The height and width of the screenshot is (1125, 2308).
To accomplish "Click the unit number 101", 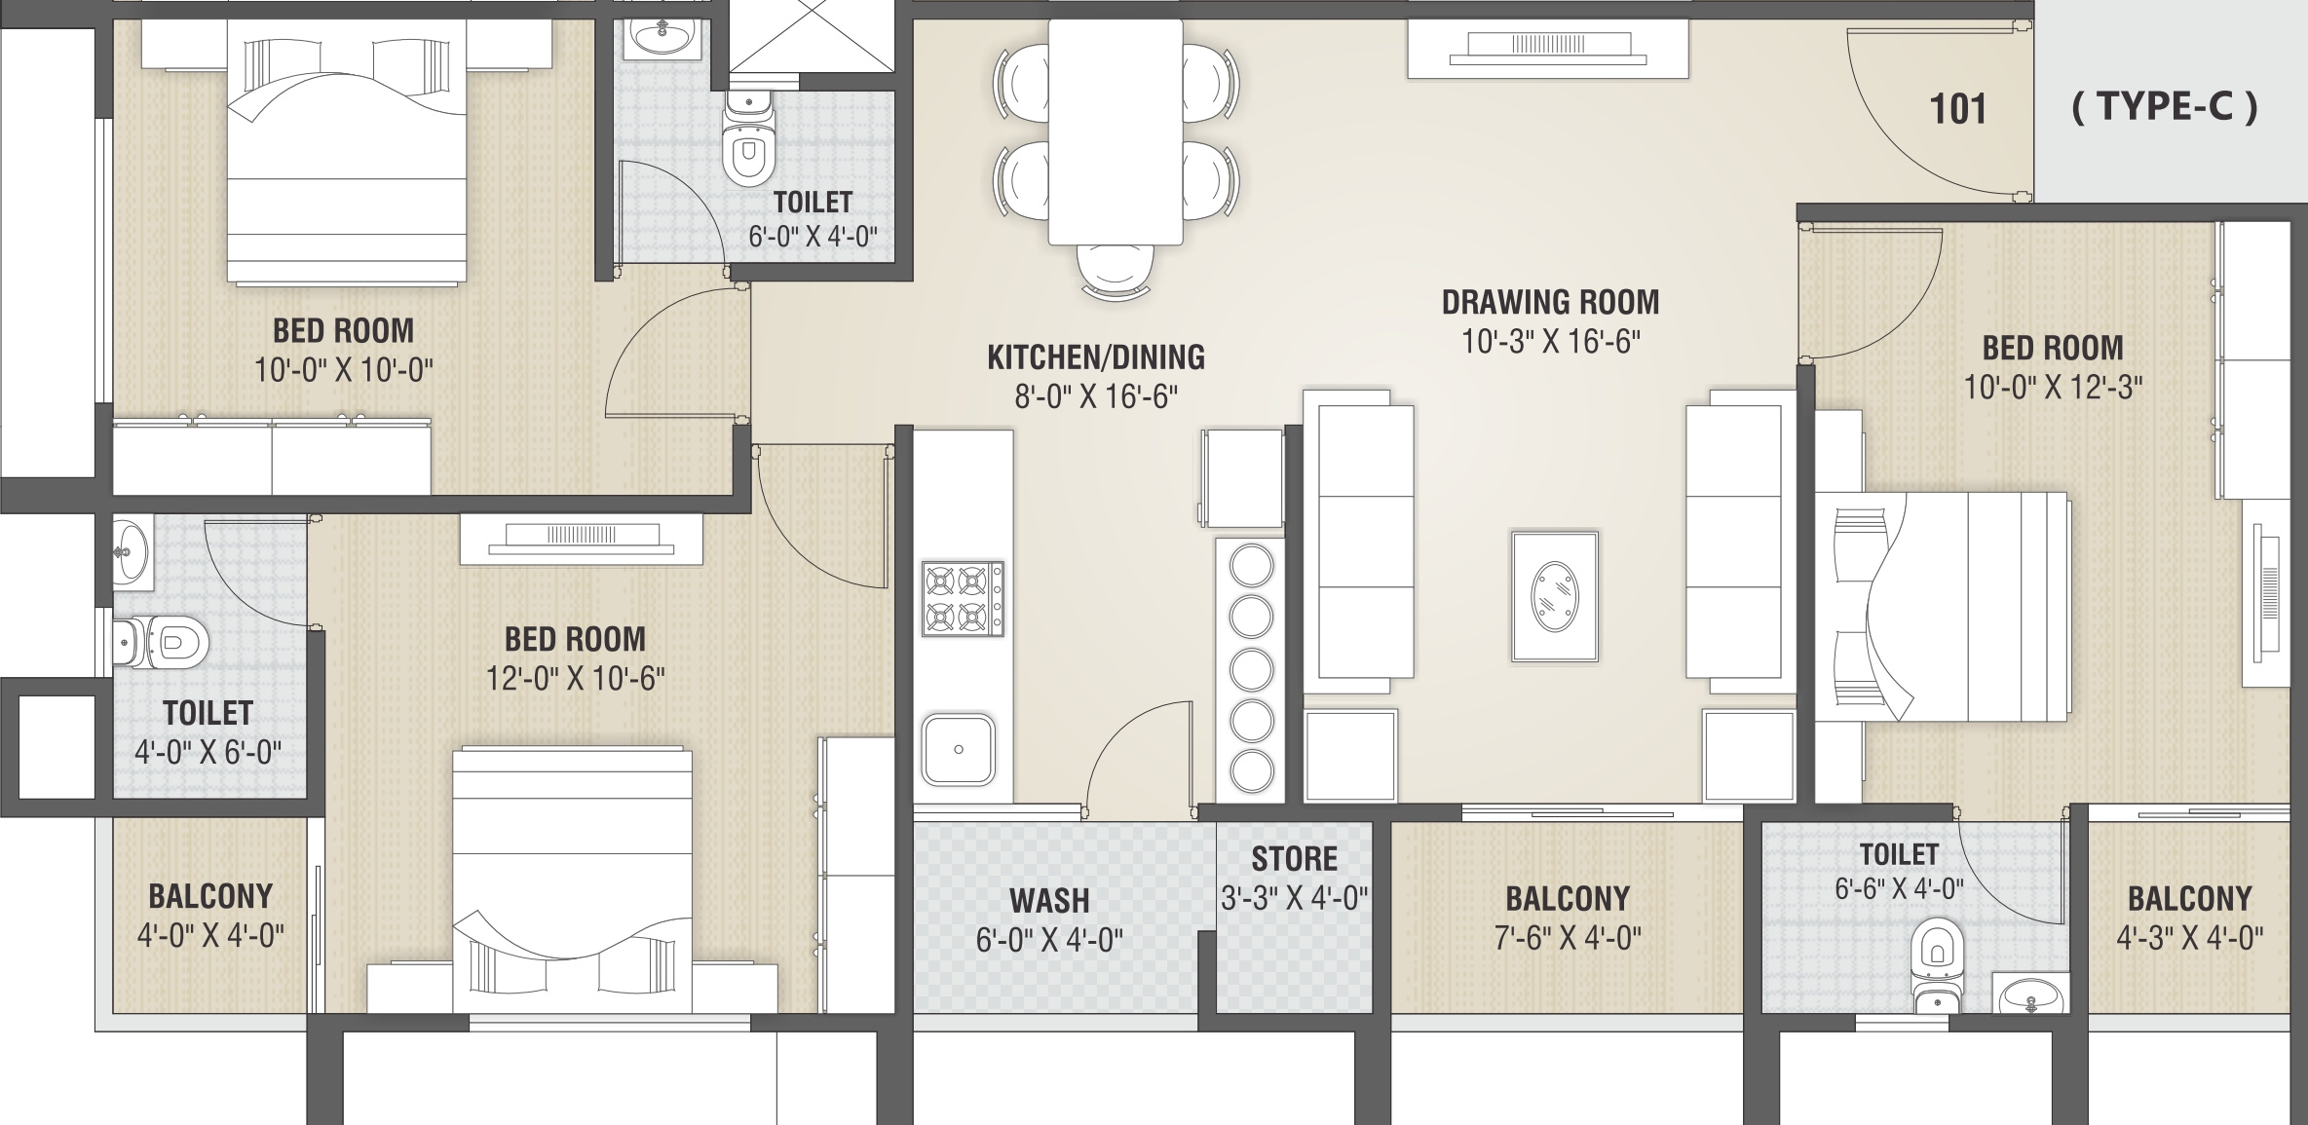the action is pyautogui.click(x=1957, y=109).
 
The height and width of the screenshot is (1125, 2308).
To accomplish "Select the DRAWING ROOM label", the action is pyautogui.click(x=1550, y=302).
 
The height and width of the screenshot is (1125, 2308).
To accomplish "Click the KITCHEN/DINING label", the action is pyautogui.click(x=1096, y=357).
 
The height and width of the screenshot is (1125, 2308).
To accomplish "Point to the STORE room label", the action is pyautogui.click(x=1295, y=858).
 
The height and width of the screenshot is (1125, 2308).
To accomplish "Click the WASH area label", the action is pyautogui.click(x=1049, y=901).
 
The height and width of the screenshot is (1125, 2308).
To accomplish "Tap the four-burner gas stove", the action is pyautogui.click(x=963, y=598).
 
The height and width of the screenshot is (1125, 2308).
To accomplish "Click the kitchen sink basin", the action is pyautogui.click(x=959, y=749).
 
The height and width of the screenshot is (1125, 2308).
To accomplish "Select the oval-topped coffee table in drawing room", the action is pyautogui.click(x=1554, y=596).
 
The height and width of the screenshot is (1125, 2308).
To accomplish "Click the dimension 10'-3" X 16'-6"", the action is pyautogui.click(x=1551, y=342).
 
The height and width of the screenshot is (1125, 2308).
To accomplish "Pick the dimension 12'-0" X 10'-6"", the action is pyautogui.click(x=575, y=678).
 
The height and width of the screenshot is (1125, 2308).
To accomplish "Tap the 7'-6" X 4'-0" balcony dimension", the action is pyautogui.click(x=1568, y=938).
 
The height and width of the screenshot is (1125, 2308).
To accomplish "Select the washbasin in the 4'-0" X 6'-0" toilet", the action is pyautogui.click(x=132, y=553).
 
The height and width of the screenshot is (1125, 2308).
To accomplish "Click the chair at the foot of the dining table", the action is pyautogui.click(x=1116, y=269).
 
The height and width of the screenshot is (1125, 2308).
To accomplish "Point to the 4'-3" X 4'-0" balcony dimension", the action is pyautogui.click(x=2189, y=938).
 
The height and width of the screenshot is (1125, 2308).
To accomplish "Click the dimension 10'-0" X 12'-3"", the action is pyautogui.click(x=2053, y=387).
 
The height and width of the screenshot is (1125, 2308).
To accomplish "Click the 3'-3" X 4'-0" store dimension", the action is pyautogui.click(x=1295, y=898).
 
